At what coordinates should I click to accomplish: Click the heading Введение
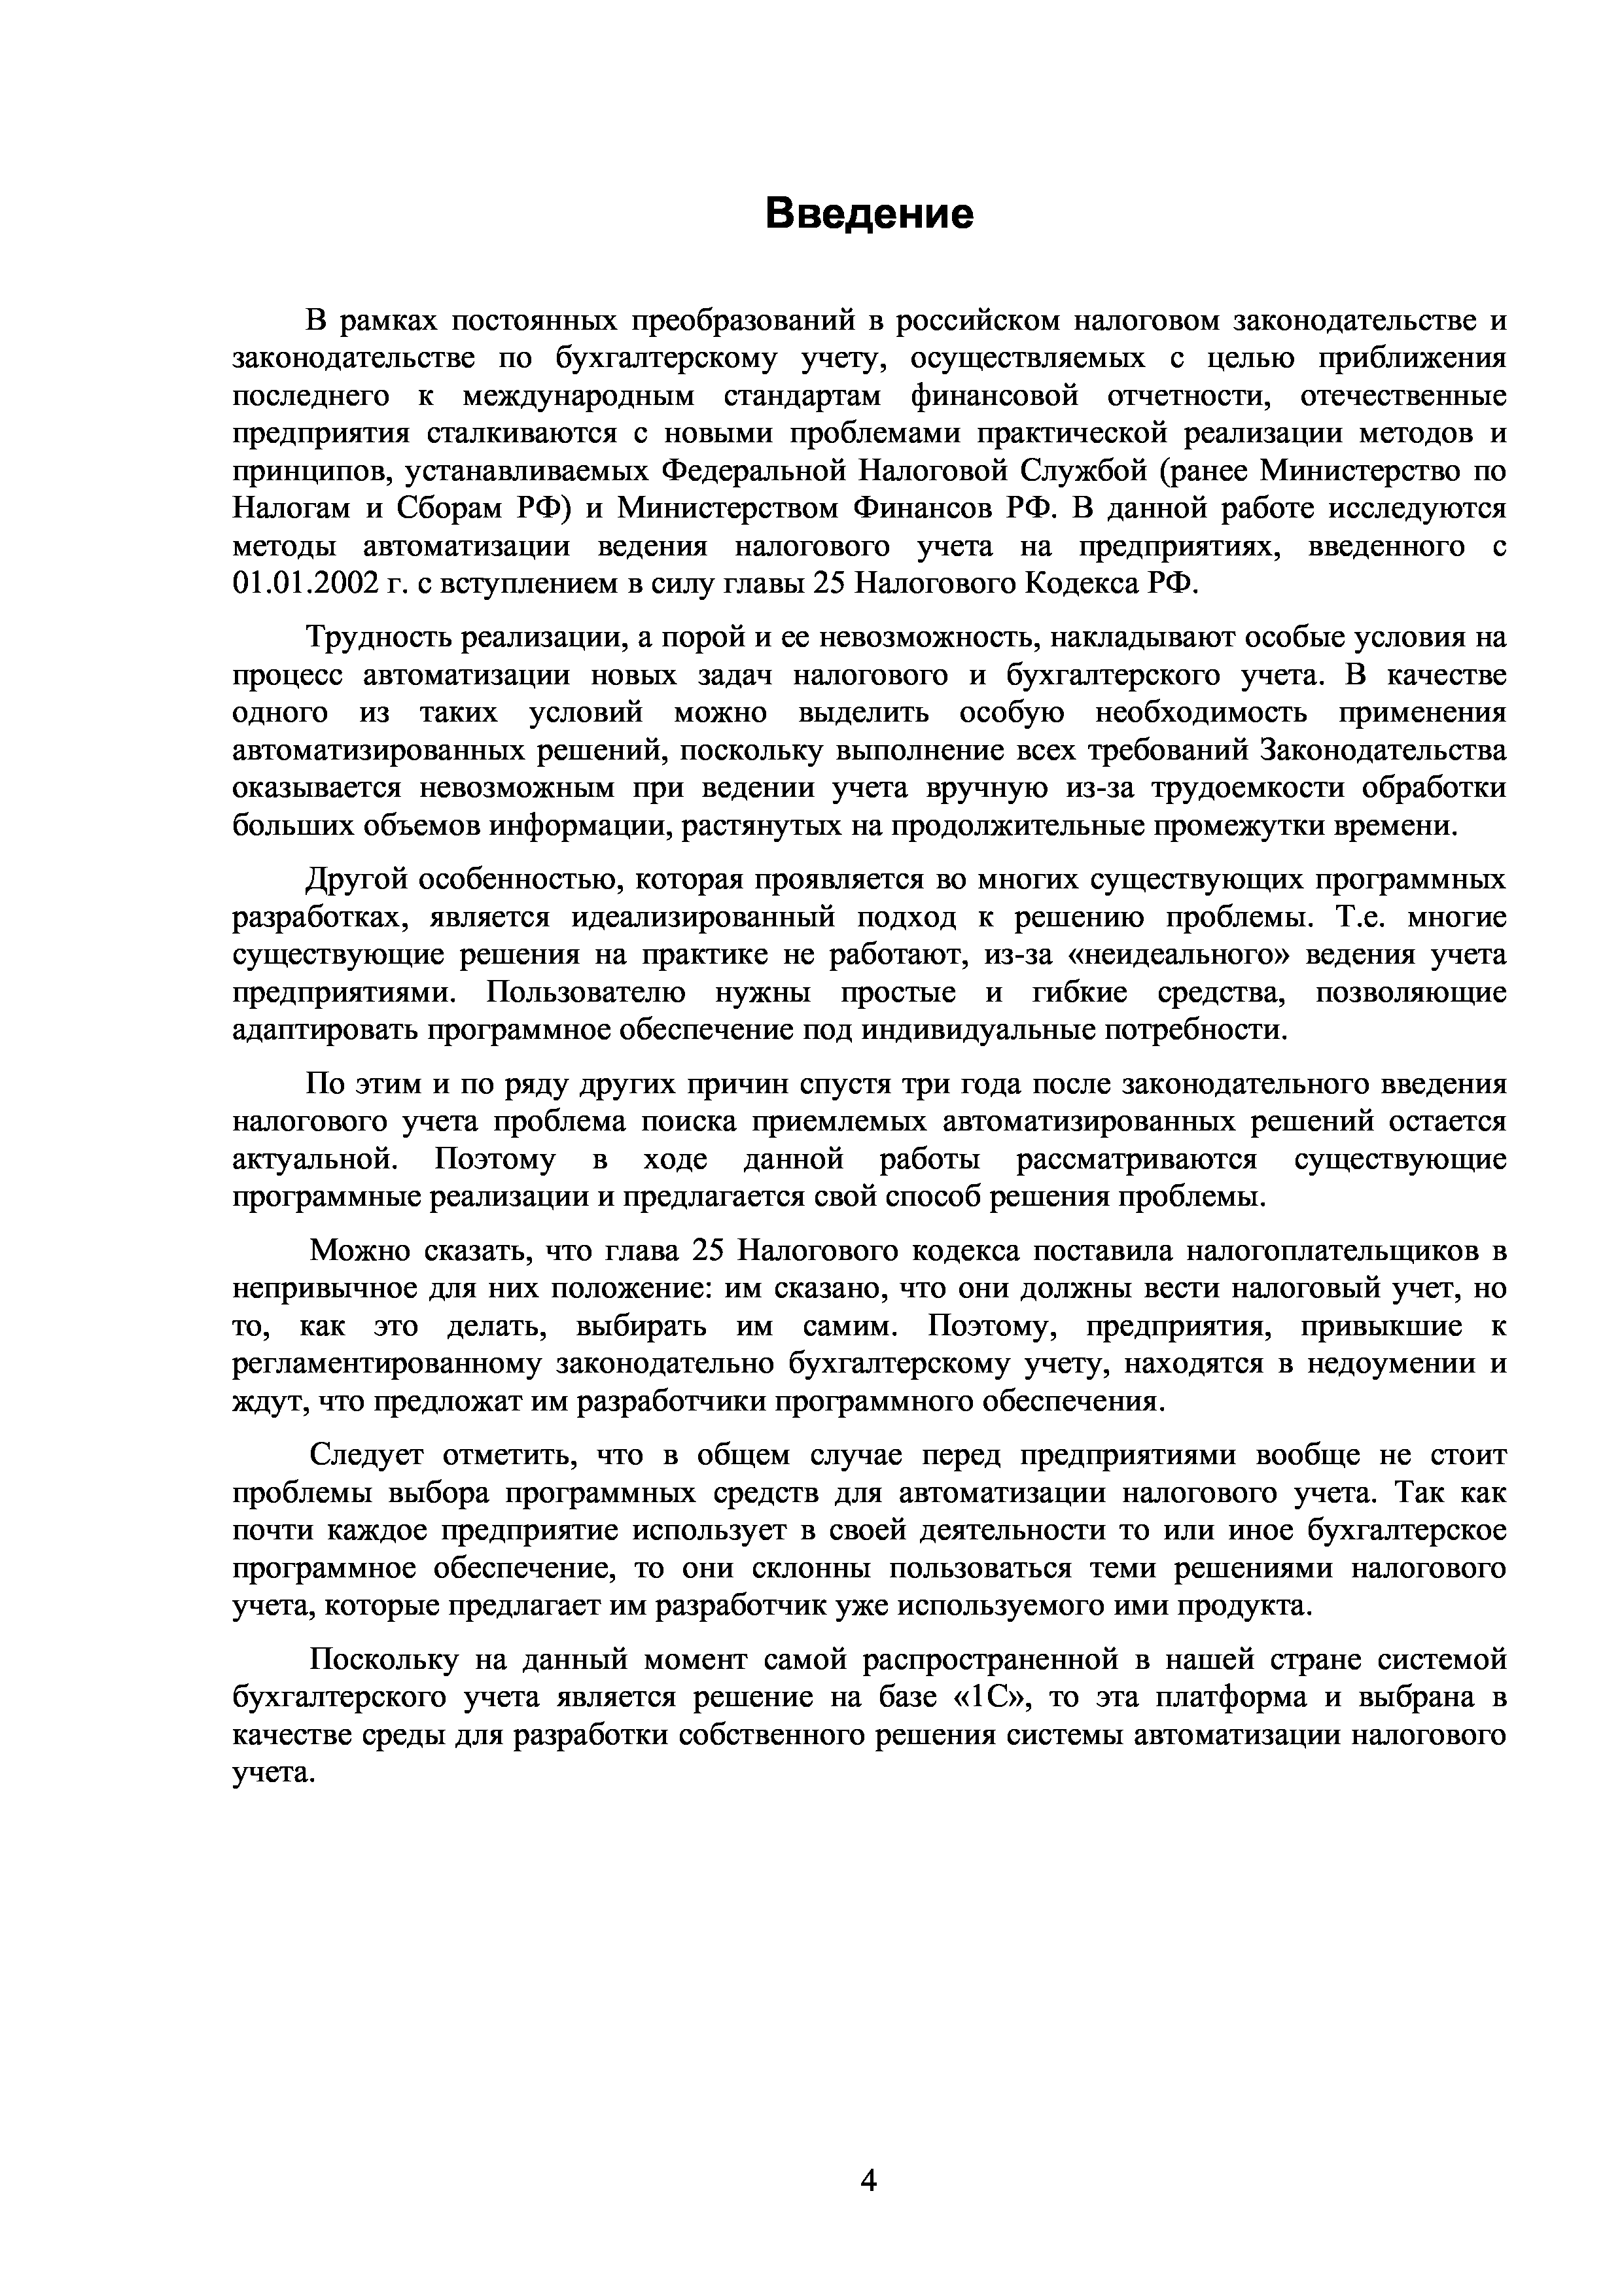coord(868,214)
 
